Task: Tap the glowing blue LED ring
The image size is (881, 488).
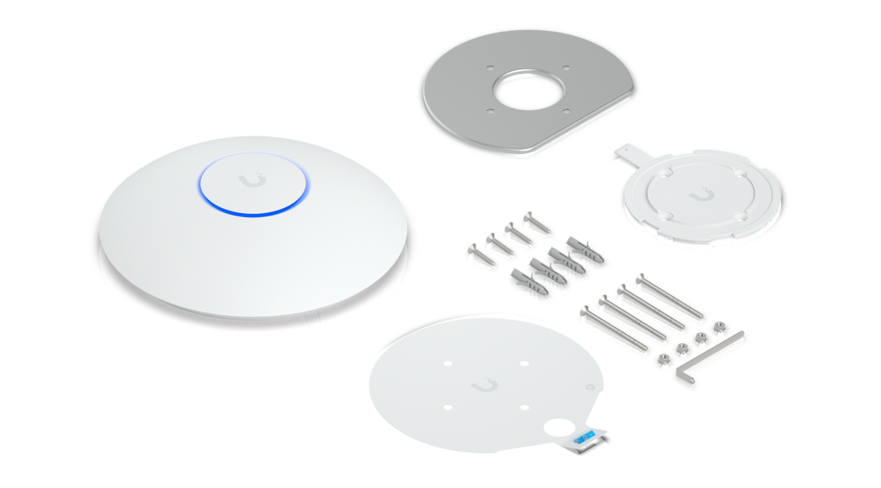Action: coord(253,210)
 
